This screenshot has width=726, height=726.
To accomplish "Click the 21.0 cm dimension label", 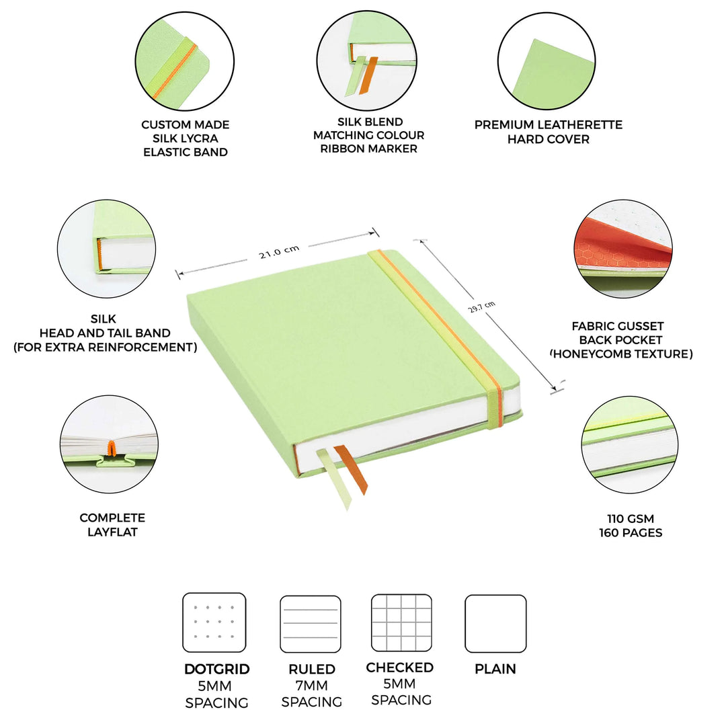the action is [279, 251].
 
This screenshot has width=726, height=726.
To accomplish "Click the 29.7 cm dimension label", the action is [482, 307].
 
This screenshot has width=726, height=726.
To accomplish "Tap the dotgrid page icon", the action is [214, 622].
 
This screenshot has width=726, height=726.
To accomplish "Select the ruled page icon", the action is [310, 624].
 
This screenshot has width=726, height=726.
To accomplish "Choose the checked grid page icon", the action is [401, 622].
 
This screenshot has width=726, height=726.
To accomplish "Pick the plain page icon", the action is [495, 624].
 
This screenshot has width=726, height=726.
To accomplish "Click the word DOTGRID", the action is [216, 669].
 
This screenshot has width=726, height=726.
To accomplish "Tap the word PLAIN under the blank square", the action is [495, 669].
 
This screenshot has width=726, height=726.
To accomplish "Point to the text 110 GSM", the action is [630, 518].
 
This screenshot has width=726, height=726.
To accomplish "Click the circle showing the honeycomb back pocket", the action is [622, 249].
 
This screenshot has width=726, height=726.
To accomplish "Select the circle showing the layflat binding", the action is [110, 444].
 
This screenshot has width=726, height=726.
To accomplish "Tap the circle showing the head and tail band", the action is [106, 249].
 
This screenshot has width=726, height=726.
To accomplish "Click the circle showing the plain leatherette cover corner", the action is [547, 61].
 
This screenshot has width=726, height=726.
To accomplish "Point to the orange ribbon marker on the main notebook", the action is [352, 469].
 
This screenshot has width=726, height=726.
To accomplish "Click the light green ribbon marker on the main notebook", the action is [333, 479].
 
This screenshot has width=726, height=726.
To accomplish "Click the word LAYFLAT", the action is [112, 532].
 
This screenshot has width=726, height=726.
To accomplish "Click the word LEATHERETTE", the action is [580, 124].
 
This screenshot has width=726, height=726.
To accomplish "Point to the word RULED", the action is [312, 669].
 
